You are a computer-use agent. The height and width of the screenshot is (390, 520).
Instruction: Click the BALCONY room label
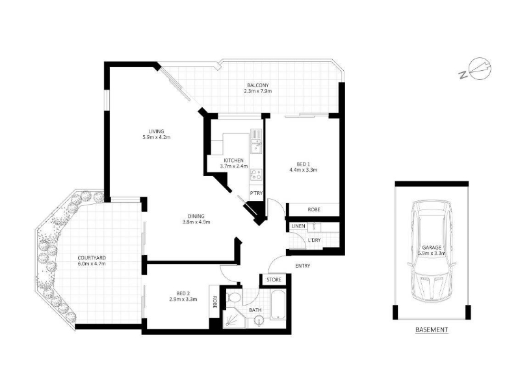pyautogui.click(x=257, y=85)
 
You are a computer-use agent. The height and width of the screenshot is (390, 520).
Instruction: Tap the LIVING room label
pyautogui.click(x=156, y=131)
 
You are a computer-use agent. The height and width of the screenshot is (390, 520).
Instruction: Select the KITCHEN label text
pyautogui.click(x=233, y=161)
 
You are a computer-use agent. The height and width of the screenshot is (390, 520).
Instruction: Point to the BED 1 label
pyautogui.click(x=303, y=164)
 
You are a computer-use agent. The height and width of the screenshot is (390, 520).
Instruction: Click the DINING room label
pyautogui.click(x=196, y=216)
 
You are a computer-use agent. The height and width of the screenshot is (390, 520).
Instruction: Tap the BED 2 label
pyautogui.click(x=183, y=293)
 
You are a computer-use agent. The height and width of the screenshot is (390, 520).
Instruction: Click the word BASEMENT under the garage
pyautogui.click(x=432, y=330)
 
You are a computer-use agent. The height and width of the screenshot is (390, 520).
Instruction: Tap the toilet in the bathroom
pyautogui.click(x=235, y=297)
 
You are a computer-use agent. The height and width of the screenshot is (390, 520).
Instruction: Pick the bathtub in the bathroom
pyautogui.click(x=278, y=305)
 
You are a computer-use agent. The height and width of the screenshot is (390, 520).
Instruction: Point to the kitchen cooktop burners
pyautogui.click(x=256, y=174)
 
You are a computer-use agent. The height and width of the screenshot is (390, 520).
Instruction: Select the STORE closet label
pyautogui.click(x=274, y=279)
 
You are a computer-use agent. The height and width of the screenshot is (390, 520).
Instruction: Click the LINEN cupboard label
pyautogui.click(x=298, y=226)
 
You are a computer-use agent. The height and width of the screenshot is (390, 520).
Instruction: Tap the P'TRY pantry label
pyautogui.click(x=256, y=193)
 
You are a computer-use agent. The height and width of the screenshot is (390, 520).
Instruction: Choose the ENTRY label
pyautogui.click(x=302, y=266)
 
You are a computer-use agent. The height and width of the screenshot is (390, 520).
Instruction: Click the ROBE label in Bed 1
pyautogui.click(x=314, y=209)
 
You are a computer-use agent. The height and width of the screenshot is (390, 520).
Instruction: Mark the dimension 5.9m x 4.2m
pyautogui.click(x=156, y=137)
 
